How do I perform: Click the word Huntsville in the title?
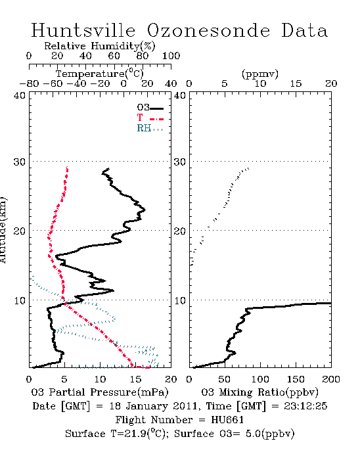coord(83,30)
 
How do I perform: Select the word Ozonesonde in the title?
coord(208,30)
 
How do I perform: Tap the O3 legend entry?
coord(150,108)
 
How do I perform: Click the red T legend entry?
coord(150,118)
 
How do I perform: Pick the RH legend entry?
coord(150,128)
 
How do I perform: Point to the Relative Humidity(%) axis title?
coord(100,46)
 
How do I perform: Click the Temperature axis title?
coord(100,74)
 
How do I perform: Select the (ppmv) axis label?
coord(260,74)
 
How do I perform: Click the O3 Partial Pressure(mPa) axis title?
coord(100,392)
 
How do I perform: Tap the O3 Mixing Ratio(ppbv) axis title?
coord(259,392)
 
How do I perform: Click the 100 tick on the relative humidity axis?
coord(171,56)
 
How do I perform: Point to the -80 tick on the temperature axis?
coord(29,83)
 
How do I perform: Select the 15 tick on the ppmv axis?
coord(296,83)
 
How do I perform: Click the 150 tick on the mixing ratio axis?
coord(296,379)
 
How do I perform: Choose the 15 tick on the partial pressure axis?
coord(136,379)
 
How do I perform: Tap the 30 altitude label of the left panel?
coord(20,162)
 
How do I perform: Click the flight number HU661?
coord(227,420)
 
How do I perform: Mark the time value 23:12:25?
coord(305,406)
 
